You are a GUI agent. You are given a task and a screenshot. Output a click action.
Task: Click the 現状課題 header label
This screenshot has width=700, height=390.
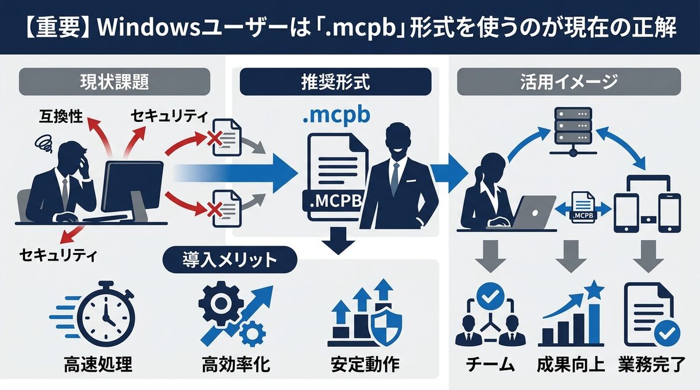(x=114, y=82)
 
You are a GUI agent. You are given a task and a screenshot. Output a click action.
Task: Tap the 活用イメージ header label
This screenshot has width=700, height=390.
(x=568, y=82)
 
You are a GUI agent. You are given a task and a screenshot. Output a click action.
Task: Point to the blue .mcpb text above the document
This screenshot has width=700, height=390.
(x=336, y=115)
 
